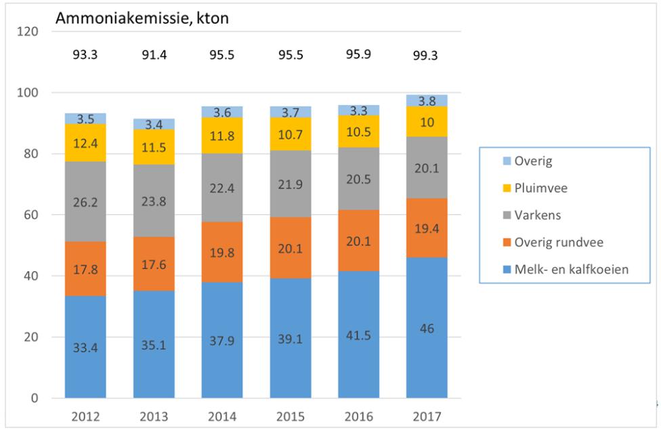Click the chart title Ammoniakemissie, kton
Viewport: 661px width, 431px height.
(x=142, y=19)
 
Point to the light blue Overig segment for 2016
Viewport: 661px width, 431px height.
(x=358, y=110)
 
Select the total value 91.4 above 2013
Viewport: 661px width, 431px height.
(x=154, y=55)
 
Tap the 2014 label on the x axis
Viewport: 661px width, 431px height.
(x=222, y=415)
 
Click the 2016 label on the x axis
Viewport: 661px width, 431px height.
(x=358, y=415)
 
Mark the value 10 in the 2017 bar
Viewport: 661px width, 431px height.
(x=427, y=122)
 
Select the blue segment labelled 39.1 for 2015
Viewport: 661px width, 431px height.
(x=291, y=339)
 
